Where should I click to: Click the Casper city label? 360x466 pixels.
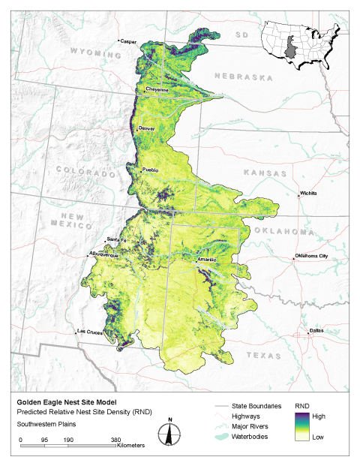tap(130, 41)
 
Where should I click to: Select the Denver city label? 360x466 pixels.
tap(147, 128)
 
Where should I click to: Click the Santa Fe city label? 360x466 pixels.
tap(114, 239)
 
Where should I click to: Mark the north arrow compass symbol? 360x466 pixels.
tap(170, 433)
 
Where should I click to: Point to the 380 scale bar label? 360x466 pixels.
tap(115, 440)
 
